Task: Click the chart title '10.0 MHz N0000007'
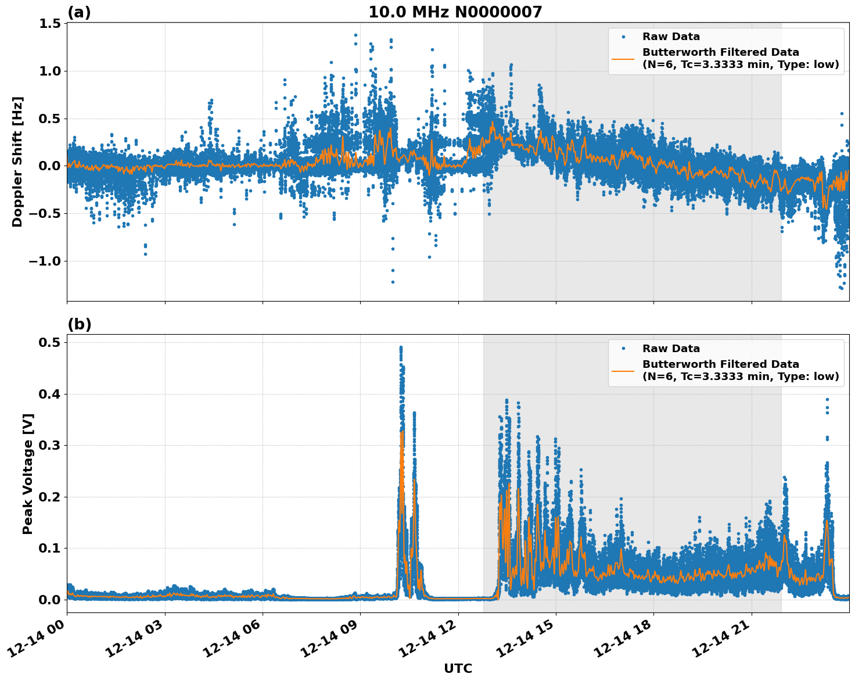[x=455, y=12]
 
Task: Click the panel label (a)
[x=79, y=12]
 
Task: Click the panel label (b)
[x=79, y=324]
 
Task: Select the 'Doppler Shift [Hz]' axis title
[x=17, y=162]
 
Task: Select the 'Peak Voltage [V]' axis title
[x=27, y=474]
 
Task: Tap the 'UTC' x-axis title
[x=458, y=668]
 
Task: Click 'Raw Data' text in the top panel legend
[x=671, y=37]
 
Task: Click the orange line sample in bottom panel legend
[x=623, y=370]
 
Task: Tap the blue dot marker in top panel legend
[x=623, y=37]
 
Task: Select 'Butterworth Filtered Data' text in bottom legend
[x=720, y=364]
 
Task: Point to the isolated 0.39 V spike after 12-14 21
[x=827, y=400]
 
